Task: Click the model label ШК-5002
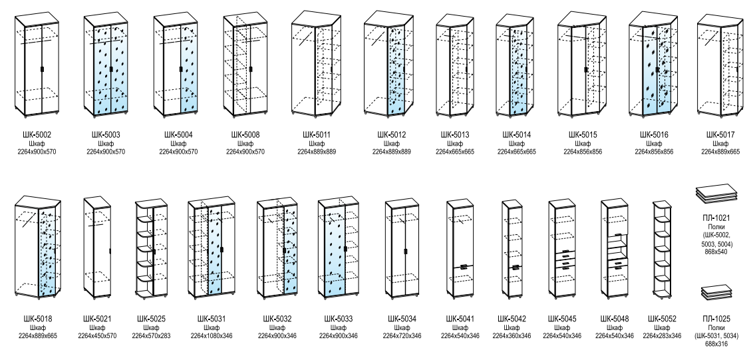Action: click(x=37, y=134)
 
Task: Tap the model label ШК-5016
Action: click(x=654, y=134)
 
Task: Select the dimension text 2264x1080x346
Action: click(x=212, y=336)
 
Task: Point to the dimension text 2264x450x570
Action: click(x=97, y=336)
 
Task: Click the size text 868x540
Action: click(x=717, y=252)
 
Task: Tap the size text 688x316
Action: click(x=716, y=344)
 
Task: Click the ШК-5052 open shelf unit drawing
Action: click(x=661, y=248)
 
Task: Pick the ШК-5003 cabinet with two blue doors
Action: click(x=106, y=65)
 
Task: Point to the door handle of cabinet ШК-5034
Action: click(x=405, y=251)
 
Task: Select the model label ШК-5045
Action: click(x=562, y=319)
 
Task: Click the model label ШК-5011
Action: click(x=317, y=134)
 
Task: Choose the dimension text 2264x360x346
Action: click(x=512, y=336)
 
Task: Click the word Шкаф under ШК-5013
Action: click(x=455, y=144)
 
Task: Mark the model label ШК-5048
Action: click(x=615, y=319)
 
